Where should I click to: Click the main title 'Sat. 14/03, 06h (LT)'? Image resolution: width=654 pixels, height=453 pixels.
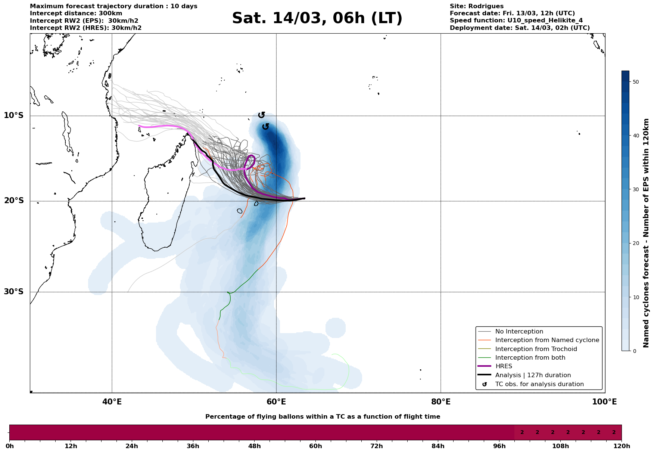317,18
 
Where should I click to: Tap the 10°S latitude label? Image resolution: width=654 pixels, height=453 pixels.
14,115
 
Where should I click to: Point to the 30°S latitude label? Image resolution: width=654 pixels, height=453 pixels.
14,292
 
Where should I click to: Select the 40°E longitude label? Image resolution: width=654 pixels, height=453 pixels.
112,402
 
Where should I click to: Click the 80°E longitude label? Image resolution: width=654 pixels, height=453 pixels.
440,402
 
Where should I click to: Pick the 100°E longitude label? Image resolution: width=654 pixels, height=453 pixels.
604,402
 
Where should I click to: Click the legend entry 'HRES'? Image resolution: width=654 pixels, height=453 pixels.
504,366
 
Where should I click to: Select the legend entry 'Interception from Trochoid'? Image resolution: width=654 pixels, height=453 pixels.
536,349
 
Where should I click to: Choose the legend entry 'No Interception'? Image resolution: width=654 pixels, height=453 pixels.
519,332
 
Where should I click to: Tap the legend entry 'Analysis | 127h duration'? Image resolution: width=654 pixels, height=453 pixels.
533,375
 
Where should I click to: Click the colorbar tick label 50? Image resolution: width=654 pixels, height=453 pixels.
636,82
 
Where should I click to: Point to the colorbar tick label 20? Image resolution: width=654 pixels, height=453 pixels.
636,243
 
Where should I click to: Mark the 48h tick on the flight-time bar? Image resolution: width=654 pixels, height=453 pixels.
254,446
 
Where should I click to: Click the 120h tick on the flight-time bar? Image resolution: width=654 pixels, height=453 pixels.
622,446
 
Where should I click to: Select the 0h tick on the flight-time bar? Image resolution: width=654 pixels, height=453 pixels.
10,446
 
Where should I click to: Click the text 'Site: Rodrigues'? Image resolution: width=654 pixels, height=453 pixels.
476,6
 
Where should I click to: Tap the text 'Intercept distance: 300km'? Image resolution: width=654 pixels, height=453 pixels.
76,13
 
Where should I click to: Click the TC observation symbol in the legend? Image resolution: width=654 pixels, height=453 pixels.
485,384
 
